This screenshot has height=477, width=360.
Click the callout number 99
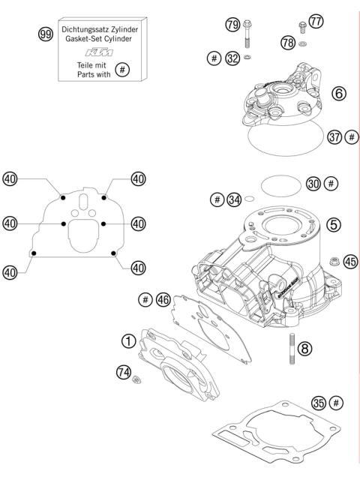(x=47, y=34)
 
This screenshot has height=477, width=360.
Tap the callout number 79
(x=232, y=25)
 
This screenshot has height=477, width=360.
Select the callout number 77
(x=316, y=22)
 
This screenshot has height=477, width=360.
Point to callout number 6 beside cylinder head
(x=338, y=94)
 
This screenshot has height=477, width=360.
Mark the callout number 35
(x=318, y=403)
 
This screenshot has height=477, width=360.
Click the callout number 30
(x=314, y=184)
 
